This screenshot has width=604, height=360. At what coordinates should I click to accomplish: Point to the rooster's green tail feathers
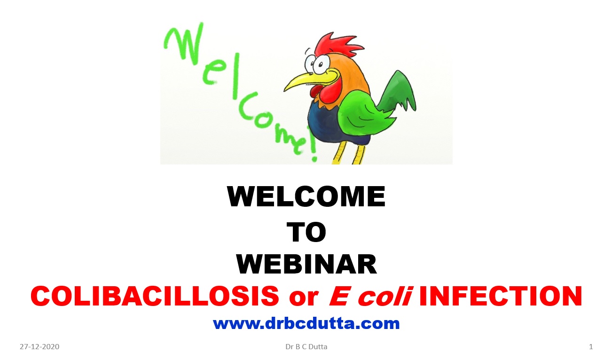398,92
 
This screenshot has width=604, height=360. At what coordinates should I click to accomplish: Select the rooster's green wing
361,113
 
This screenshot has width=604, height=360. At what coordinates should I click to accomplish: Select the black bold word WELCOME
306,196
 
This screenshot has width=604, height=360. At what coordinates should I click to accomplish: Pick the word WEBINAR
306,264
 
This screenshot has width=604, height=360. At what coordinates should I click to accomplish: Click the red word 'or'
304,298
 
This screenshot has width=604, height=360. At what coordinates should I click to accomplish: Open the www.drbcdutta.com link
306,323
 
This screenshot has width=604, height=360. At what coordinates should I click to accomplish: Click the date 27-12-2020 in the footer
39,346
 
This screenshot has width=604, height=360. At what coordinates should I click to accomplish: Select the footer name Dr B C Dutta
306,346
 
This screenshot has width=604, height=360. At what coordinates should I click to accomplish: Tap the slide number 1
591,346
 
